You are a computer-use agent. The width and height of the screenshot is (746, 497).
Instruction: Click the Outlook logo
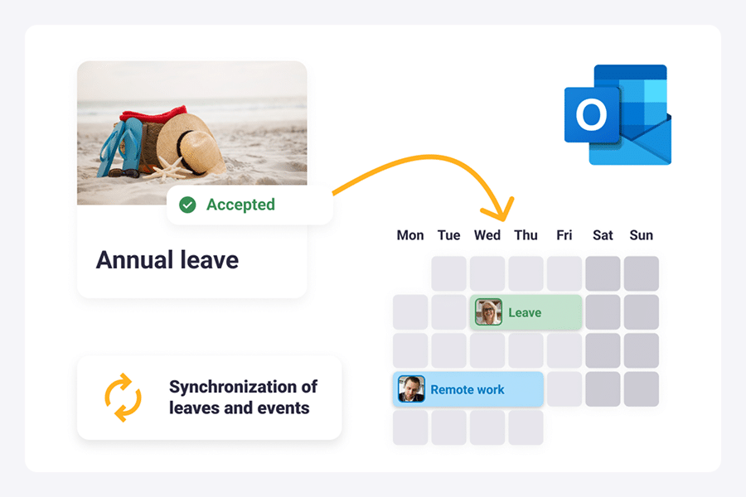point(618,114)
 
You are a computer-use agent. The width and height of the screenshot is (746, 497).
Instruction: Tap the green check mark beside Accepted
point(187,205)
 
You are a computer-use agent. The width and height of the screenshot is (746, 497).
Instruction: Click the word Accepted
point(240,205)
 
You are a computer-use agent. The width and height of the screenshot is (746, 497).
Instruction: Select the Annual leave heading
point(167,260)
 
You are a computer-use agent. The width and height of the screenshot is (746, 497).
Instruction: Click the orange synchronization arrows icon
point(123,397)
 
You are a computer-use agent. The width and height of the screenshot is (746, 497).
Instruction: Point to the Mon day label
point(410,235)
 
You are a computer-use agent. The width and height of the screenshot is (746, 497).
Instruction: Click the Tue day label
point(448,235)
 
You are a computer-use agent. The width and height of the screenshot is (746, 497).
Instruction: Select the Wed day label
point(487,235)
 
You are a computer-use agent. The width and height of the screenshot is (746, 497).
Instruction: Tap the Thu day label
point(526,235)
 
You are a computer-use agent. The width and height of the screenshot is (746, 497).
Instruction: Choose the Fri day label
point(564,235)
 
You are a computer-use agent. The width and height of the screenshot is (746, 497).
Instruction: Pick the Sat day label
point(603,235)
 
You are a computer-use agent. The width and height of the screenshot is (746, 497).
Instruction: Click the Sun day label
point(642,235)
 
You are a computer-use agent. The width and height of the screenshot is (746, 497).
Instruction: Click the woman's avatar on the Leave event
point(488,312)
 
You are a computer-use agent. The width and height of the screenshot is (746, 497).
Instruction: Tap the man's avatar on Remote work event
point(411,389)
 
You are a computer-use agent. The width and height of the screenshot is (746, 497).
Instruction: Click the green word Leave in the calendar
point(525,312)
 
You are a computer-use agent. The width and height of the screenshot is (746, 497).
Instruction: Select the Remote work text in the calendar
point(467,389)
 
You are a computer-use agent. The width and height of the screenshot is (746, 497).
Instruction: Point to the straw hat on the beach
point(191,144)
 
